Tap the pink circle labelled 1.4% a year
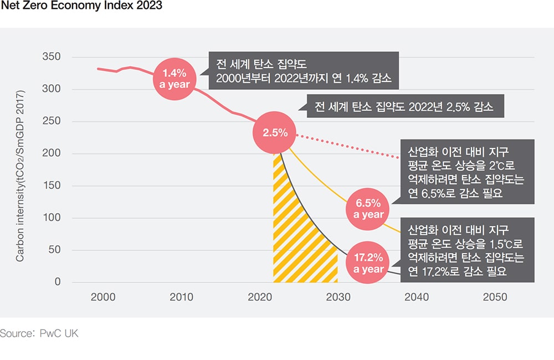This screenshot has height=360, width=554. pyautogui.click(x=175, y=79)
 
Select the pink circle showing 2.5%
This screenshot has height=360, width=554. pyautogui.click(x=275, y=132)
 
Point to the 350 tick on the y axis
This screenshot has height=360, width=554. pyautogui.click(x=51, y=57)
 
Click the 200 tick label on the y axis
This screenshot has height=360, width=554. pyautogui.click(x=51, y=153)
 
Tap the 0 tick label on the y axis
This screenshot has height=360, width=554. pyautogui.click(x=57, y=282)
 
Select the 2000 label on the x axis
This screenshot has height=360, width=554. pyautogui.click(x=103, y=297)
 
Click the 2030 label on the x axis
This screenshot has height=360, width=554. pyautogui.click(x=338, y=297)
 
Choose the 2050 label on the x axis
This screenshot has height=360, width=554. pyautogui.click(x=495, y=297)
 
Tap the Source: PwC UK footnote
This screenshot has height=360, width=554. pyautogui.click(x=39, y=333)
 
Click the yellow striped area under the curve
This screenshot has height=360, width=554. pyautogui.click(x=296, y=244)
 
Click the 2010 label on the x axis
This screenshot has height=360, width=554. pyautogui.click(x=181, y=297)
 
